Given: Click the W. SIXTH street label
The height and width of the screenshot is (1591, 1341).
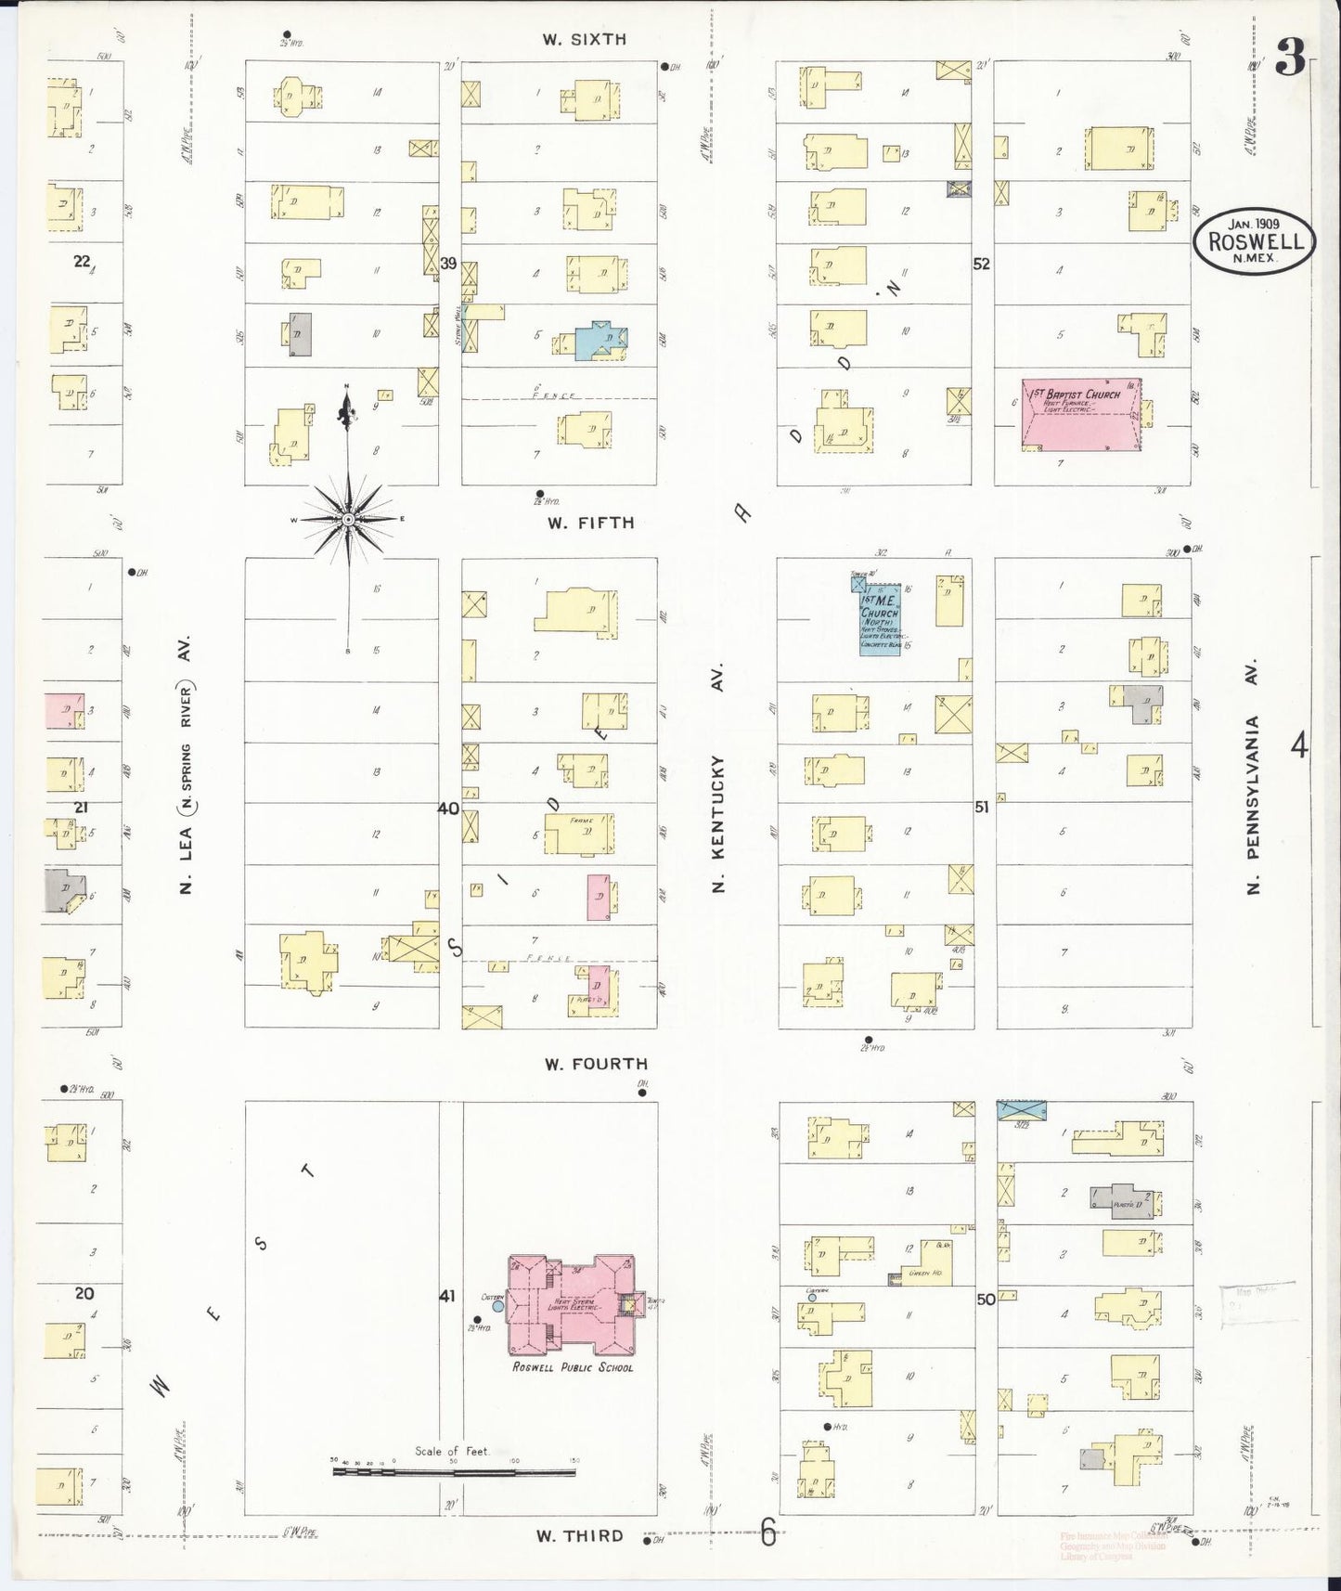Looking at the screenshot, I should (585, 39).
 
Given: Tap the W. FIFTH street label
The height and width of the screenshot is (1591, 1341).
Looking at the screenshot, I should (590, 523).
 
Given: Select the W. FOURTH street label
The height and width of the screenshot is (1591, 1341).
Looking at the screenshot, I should (596, 1064).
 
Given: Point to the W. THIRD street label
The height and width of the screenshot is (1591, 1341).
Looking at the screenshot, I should (579, 1535).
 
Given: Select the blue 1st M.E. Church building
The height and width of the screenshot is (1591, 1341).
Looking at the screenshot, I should (880, 620).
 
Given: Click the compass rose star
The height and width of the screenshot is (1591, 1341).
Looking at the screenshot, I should (348, 519).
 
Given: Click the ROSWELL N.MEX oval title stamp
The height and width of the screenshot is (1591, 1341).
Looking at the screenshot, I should (1254, 240).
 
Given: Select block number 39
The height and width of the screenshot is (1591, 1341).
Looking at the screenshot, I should (449, 264).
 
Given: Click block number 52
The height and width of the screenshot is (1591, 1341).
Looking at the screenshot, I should (981, 264).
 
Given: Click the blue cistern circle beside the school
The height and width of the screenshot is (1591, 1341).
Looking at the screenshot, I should (498, 1306).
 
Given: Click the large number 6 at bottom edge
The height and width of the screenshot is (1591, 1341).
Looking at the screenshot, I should (768, 1535).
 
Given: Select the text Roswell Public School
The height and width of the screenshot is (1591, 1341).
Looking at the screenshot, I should (573, 1367).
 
